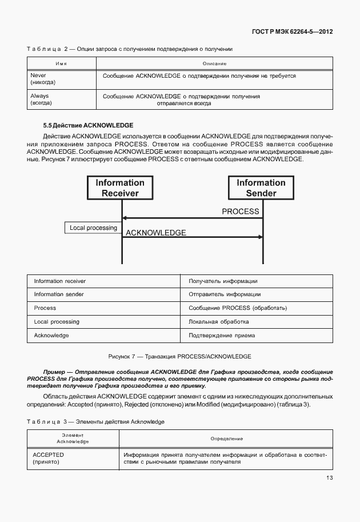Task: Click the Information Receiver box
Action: point(120,188)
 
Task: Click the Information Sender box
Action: point(261,188)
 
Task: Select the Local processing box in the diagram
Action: point(93,228)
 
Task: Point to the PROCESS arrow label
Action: point(241,212)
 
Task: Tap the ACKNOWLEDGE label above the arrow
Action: point(155,233)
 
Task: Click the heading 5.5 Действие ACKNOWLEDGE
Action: point(88,125)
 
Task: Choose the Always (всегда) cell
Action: point(41,100)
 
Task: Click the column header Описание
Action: point(214,63)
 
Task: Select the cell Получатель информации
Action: point(223,281)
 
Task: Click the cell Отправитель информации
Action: point(225,294)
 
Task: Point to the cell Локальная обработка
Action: point(219,322)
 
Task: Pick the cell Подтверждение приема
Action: point(222,336)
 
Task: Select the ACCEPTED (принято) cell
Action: point(49,458)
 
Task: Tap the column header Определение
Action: point(226,439)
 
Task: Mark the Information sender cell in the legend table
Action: point(59,294)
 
